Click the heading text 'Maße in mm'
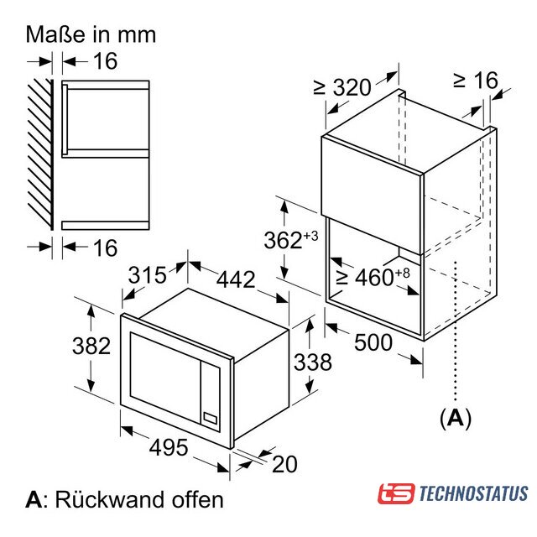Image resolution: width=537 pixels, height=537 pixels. pos(91,34)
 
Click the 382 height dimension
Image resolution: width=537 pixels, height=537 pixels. pos(91,346)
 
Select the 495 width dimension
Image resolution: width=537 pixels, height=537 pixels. pos(169,447)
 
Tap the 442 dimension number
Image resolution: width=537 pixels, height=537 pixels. pos(236,279)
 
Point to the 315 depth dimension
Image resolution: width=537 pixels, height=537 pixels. pos(148,274)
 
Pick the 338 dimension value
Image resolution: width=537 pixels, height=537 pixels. pos(313,362)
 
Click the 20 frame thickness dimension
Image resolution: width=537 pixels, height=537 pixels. pos(284,464)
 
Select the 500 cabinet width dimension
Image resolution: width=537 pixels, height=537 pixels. pos(373,341)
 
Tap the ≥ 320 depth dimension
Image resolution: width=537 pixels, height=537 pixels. pos(342,87)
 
